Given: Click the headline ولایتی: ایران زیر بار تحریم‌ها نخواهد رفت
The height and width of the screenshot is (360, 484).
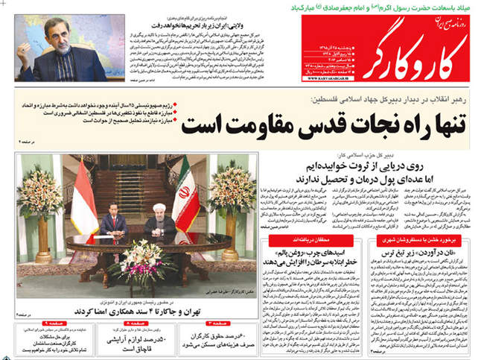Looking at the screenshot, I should [x=194, y=24].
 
